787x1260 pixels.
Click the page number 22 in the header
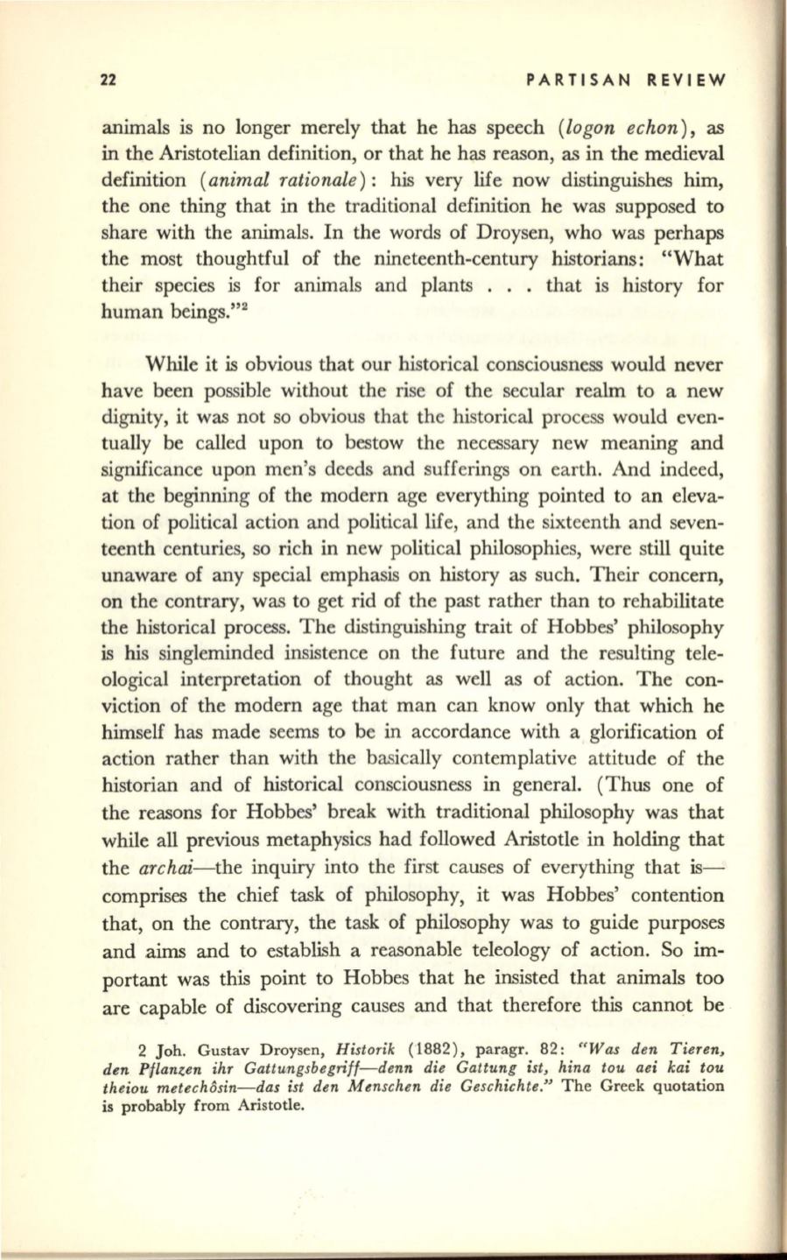point(109,81)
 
